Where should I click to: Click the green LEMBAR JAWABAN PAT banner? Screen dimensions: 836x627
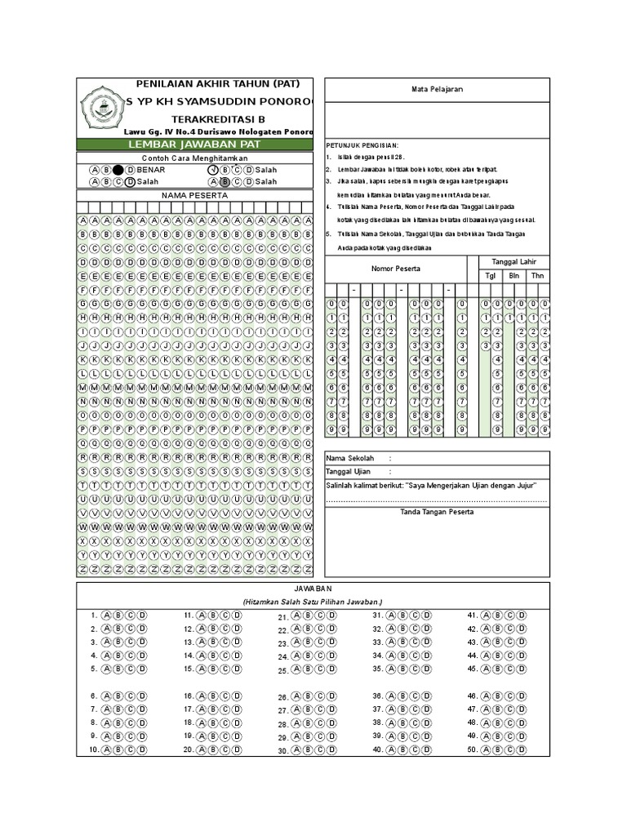click(194, 145)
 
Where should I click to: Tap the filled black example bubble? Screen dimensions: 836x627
click(118, 169)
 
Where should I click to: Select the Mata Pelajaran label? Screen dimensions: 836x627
click(436, 90)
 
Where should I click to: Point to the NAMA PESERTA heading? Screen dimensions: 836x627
click(194, 196)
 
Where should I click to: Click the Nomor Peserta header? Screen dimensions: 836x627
click(396, 268)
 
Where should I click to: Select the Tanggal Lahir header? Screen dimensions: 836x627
click(509, 261)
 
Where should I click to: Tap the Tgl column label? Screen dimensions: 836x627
click(490, 276)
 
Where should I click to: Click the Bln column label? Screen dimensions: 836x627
click(514, 276)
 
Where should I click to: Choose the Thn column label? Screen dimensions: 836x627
click(538, 276)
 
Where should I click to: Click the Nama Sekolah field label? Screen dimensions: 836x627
click(350, 458)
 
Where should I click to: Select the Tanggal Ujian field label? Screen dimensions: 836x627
click(349, 472)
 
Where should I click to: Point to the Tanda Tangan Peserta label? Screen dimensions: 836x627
click(436, 511)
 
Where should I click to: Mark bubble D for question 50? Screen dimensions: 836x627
click(519, 749)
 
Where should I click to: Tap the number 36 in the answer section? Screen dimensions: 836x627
click(378, 696)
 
